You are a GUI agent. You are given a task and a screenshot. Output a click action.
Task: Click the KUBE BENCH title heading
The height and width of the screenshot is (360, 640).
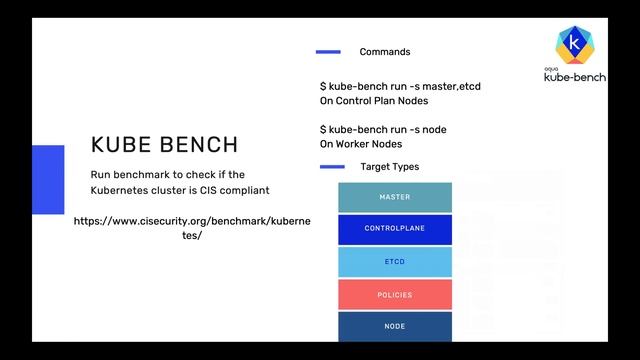point(164,144)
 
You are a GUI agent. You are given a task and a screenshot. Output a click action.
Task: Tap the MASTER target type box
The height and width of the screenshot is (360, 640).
point(394,197)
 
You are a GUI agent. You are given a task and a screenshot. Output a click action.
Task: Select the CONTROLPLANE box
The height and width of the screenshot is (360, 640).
point(394,229)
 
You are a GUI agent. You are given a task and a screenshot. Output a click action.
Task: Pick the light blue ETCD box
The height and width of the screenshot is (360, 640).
point(394,261)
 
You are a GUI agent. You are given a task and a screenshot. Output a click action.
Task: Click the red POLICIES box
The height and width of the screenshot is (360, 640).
point(394,294)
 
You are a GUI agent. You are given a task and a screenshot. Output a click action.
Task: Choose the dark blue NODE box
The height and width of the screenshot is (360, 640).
point(394,326)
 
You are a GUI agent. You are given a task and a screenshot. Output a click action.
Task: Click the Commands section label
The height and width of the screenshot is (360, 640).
point(384,52)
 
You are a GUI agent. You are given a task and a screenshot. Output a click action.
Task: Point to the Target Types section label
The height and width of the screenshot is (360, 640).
point(389,167)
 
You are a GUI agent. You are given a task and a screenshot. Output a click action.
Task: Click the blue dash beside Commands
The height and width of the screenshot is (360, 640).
point(328,52)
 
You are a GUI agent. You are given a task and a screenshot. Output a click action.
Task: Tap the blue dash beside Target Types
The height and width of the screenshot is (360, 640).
point(331,167)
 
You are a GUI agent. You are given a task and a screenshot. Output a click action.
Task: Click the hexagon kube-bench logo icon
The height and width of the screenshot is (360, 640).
point(573,44)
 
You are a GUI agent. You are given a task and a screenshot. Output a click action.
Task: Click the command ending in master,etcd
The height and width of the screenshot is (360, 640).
point(400,87)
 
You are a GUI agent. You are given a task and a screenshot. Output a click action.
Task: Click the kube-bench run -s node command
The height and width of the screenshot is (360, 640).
point(383,130)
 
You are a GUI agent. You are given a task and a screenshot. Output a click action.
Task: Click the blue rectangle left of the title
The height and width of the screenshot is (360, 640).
point(48,179)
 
